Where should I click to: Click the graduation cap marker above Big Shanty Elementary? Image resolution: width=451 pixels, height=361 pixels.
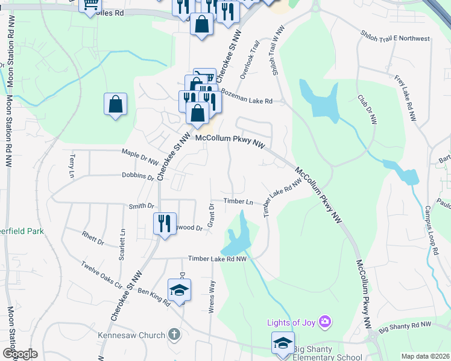[283, 343]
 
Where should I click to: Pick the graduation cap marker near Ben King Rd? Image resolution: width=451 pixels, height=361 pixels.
[179, 291]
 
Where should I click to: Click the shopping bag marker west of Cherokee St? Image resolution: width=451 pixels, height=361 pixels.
[115, 105]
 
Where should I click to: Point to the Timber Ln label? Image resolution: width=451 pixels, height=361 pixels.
[238, 202]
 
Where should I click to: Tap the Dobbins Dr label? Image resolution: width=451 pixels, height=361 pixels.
[139, 177]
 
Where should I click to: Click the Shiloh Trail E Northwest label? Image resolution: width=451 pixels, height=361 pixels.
[395, 38]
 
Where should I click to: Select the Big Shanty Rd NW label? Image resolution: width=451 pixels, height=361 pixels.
[406, 327]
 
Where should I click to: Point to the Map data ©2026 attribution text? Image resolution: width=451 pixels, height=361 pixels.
[424, 356]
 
